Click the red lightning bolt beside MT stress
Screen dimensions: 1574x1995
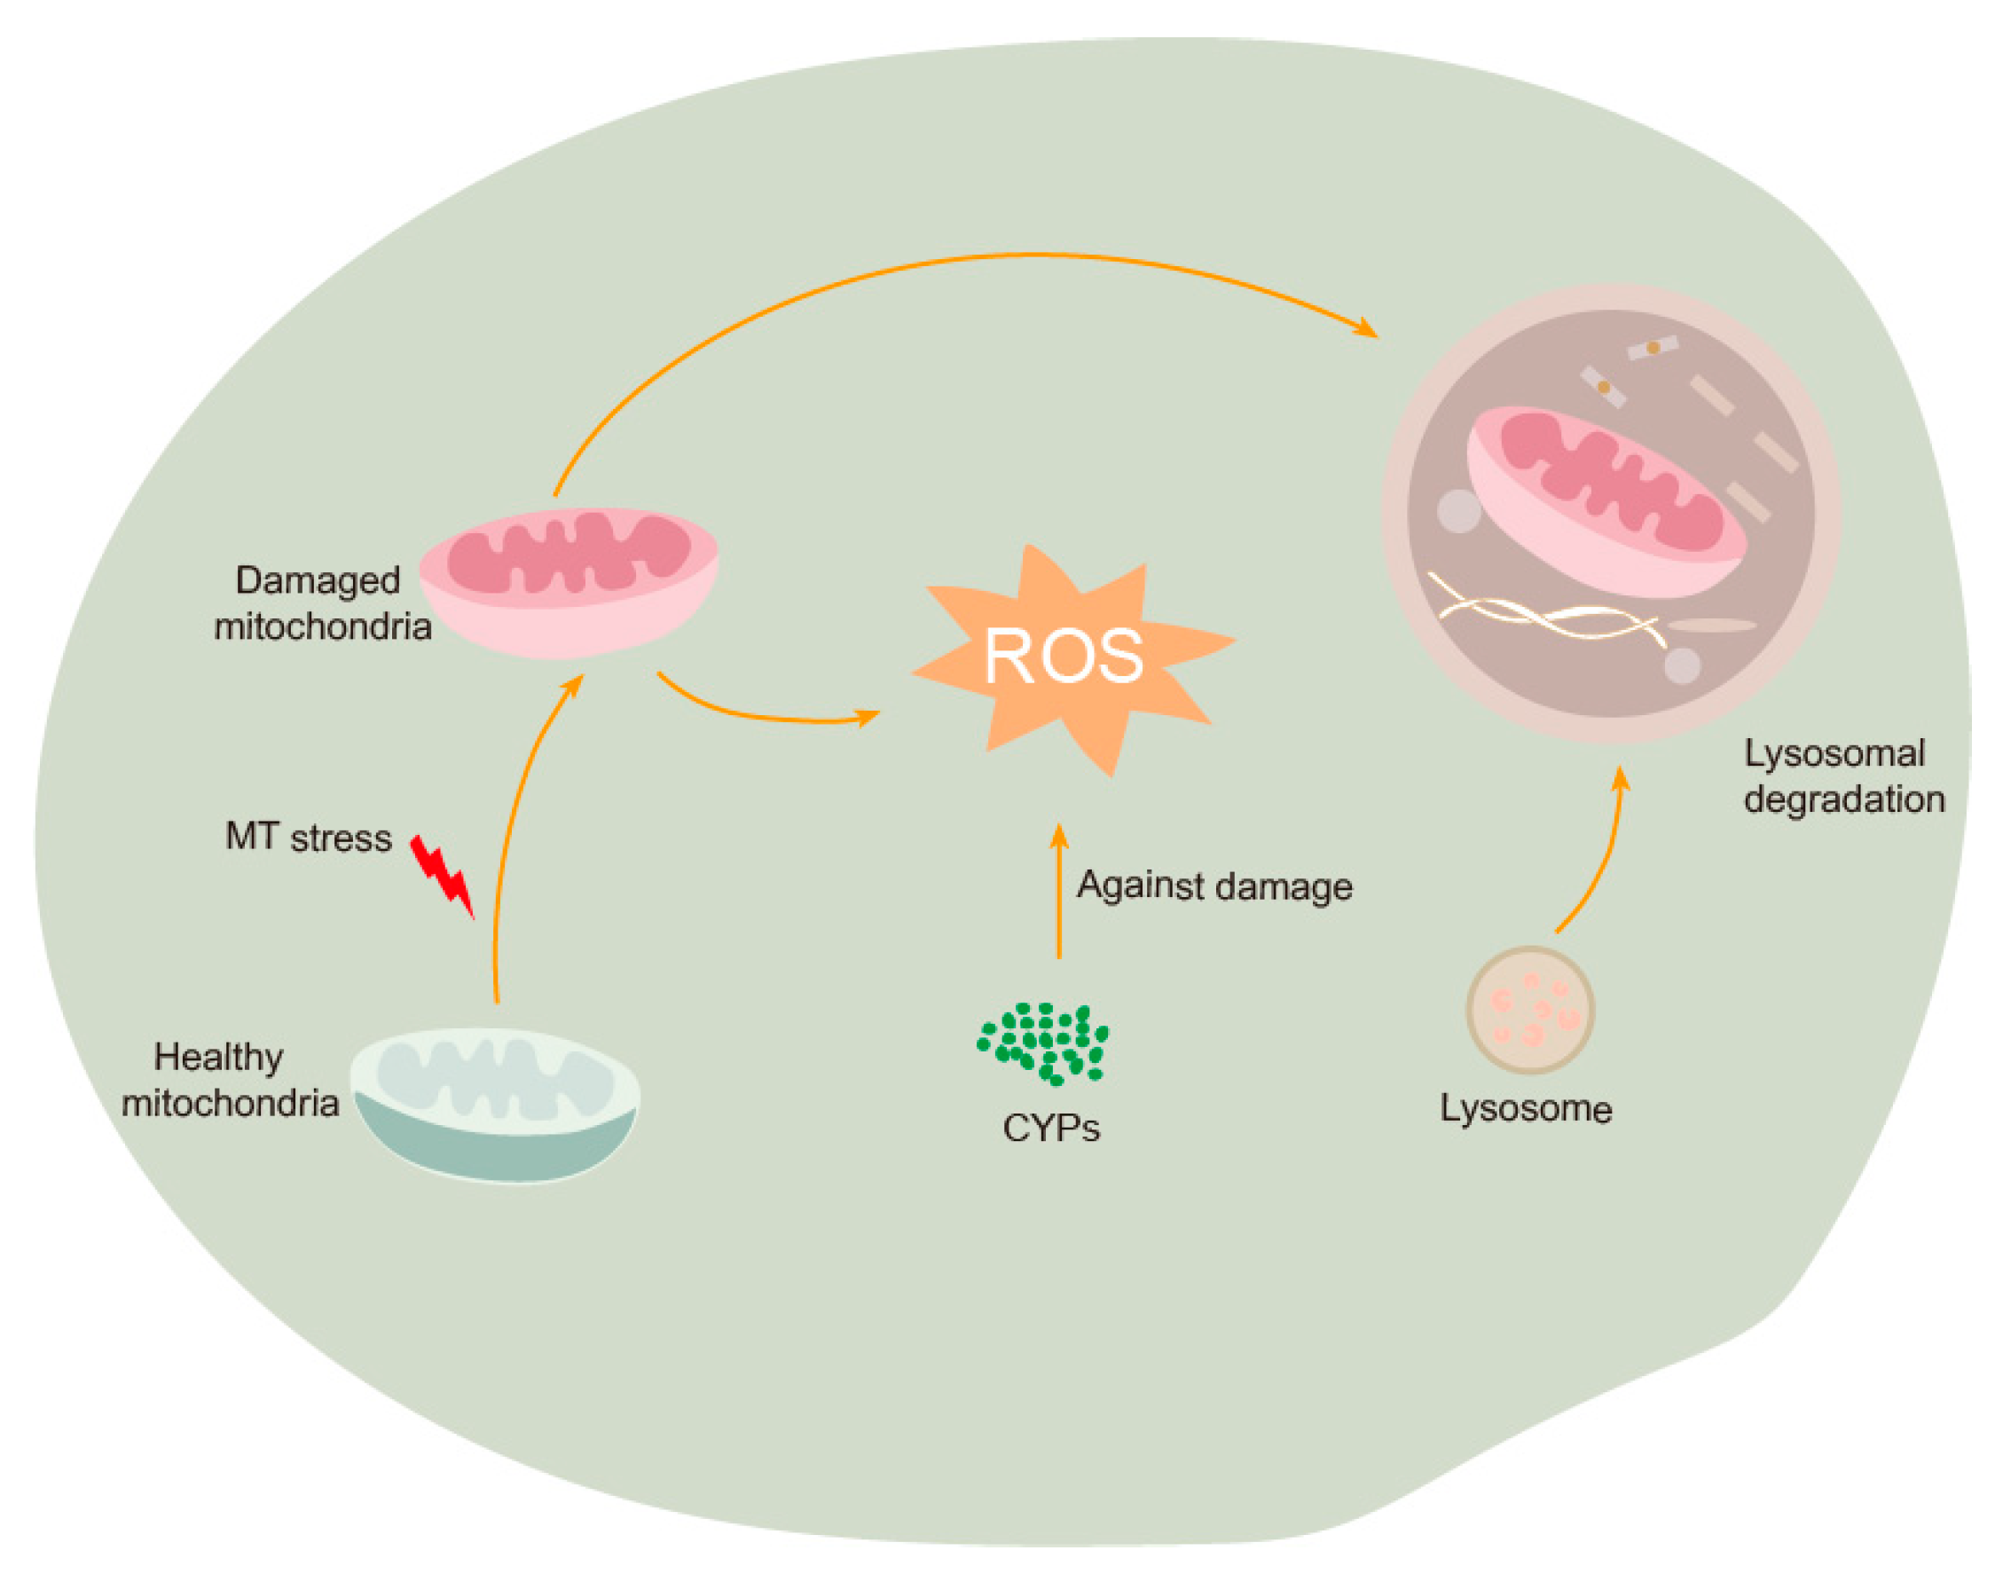pos(442,876)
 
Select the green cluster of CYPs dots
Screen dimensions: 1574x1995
pos(1043,1043)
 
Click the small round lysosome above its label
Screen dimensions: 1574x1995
pos(1528,1010)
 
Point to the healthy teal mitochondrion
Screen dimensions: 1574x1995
pos(495,1105)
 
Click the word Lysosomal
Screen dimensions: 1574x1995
pos(1834,754)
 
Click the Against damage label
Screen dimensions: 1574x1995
pos(1214,885)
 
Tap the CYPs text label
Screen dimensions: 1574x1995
pos(1050,1128)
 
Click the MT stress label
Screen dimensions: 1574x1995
pos(308,838)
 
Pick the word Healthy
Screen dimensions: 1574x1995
pos(218,1057)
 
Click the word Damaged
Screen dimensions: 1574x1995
pos(317,580)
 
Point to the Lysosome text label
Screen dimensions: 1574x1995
pos(1526,1108)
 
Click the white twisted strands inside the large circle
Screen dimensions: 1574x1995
pos(1548,613)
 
